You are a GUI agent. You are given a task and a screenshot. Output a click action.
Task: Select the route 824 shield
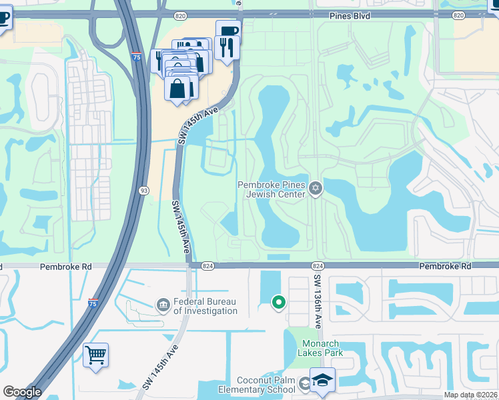pos(207,266)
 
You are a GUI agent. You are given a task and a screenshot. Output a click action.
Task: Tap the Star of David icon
pos(316,190)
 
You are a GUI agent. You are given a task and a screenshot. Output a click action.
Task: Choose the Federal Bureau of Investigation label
pos(205,306)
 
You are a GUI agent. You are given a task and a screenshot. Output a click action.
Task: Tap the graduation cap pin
pos(323,380)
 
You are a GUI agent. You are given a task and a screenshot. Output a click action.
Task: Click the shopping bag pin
pos(178,89)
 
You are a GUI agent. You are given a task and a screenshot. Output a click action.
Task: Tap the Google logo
pos(22,392)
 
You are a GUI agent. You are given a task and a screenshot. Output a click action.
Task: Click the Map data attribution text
pos(471,395)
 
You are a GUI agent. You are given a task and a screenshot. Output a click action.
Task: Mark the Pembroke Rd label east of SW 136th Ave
pos(445,266)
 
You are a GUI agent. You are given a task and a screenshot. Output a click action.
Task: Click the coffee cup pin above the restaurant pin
pos(228,31)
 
